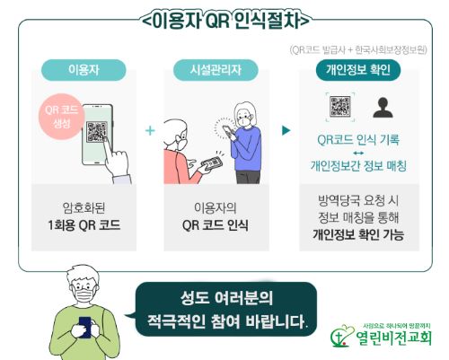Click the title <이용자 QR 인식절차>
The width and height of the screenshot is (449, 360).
coord(224,21)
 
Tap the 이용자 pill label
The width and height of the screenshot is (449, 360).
coord(84,70)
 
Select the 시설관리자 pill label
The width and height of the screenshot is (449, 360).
coord(216,70)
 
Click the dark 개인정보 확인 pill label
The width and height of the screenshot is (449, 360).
coord(358,70)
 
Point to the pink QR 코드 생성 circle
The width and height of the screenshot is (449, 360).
coord(61,117)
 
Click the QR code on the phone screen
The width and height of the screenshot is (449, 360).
coord(96,132)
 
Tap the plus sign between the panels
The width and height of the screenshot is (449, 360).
coord(150,130)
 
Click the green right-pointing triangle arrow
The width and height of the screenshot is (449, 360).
coord(286,130)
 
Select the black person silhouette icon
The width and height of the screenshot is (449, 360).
coord(383,108)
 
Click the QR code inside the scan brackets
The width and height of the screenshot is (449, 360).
coord(340,107)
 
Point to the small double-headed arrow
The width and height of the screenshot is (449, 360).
coord(358,154)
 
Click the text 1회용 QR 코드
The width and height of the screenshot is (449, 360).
coord(84,225)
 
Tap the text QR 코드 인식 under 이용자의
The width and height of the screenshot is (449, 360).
coord(216,225)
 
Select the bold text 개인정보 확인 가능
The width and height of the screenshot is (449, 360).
coord(358,234)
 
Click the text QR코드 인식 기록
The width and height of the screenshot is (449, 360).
coord(358,140)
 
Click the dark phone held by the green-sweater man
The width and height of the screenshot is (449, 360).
coord(85,327)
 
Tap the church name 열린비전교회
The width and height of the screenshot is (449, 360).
coord(394,338)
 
